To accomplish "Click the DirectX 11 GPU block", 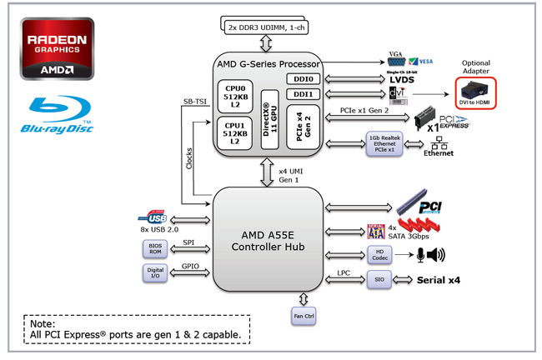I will pyautogui.click(x=268, y=118).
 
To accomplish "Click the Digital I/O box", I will pyautogui.click(x=155, y=273).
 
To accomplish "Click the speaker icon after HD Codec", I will pyautogui.click(x=435, y=255).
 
